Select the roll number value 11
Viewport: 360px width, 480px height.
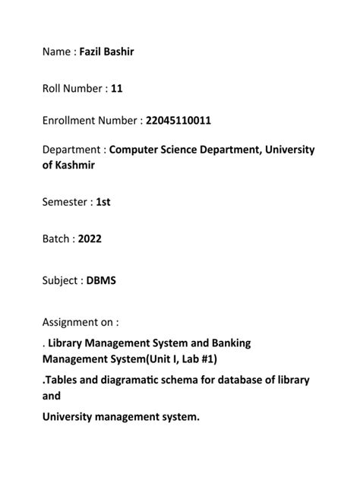pyautogui.click(x=117, y=89)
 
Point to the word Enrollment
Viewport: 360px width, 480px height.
pyautogui.click(x=69, y=120)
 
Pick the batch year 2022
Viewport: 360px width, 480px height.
pyautogui.click(x=89, y=239)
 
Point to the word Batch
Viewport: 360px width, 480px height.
pyautogui.click(x=56, y=239)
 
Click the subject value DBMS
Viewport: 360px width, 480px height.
pyautogui.click(x=101, y=280)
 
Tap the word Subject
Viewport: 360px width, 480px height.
pyautogui.click(x=60, y=280)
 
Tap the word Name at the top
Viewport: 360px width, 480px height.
pyautogui.click(x=58, y=52)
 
